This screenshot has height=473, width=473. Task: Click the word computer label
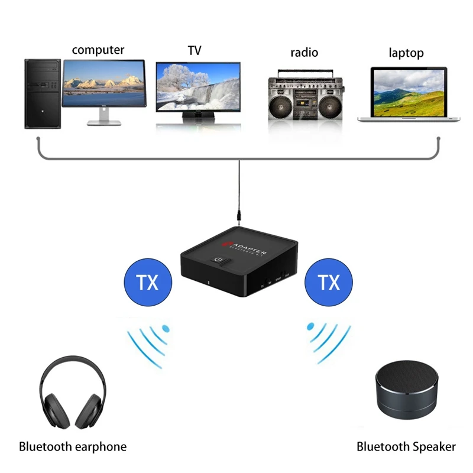[x=98, y=50]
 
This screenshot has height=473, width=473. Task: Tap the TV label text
[x=195, y=51]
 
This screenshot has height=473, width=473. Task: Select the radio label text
[x=304, y=53]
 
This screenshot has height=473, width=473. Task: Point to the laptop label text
[x=406, y=53]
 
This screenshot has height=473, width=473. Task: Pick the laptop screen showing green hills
[x=408, y=92]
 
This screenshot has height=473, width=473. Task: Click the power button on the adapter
[x=219, y=260]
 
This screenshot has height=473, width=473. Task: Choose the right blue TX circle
[x=329, y=283]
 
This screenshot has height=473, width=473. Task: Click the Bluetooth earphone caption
[x=73, y=446]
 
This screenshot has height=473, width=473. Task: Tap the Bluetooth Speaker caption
[x=406, y=446]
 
